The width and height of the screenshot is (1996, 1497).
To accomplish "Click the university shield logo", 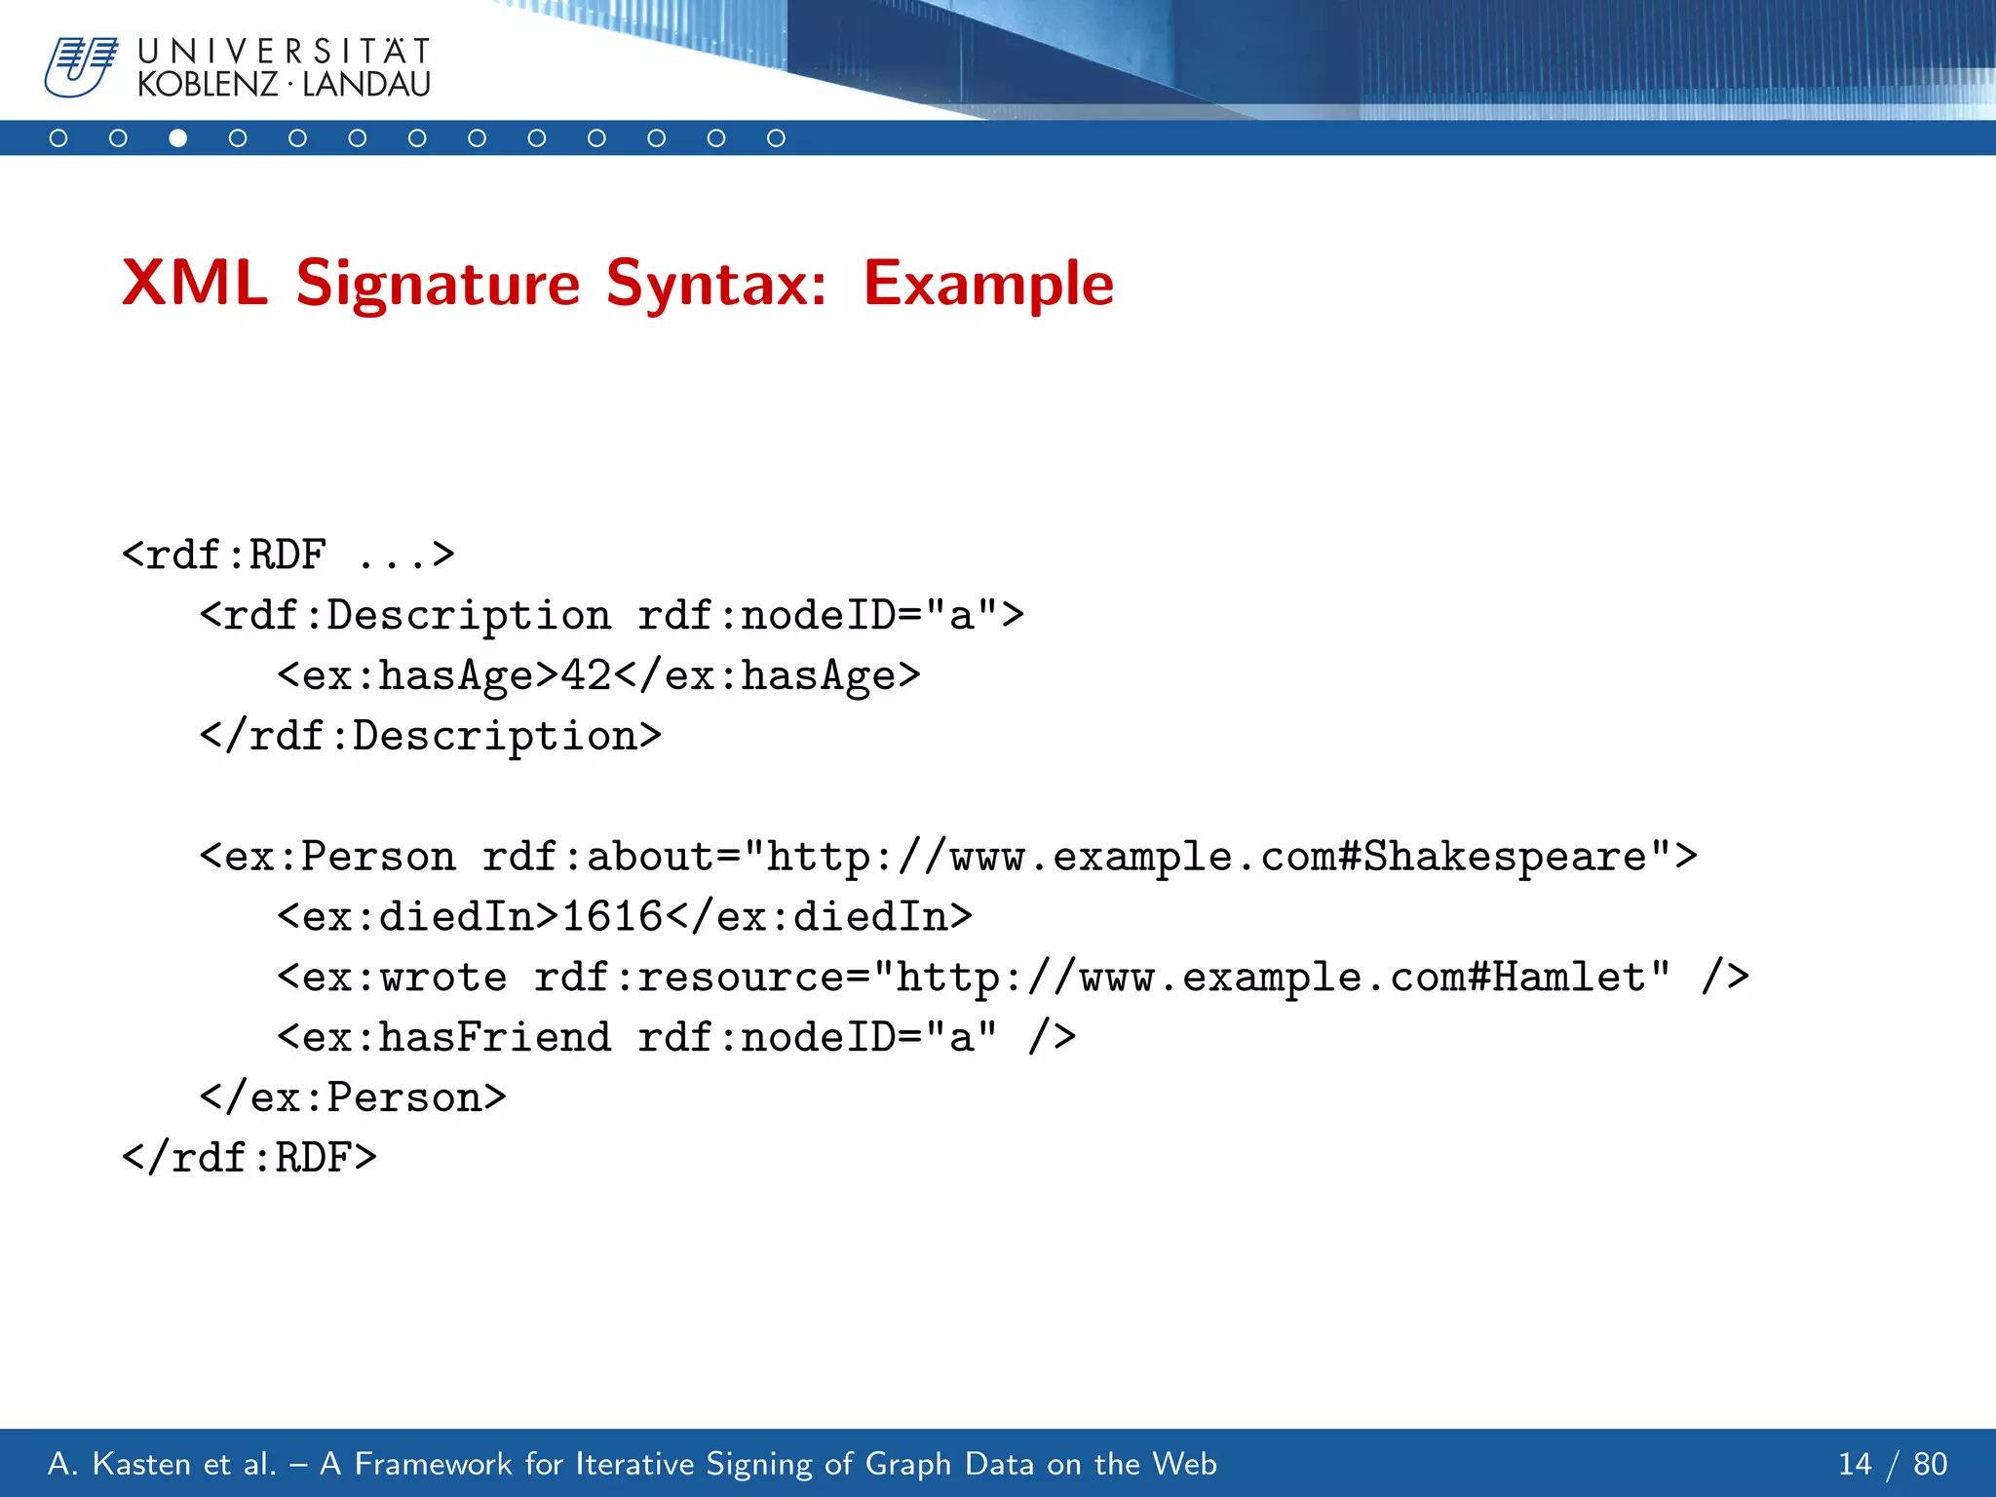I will (80, 66).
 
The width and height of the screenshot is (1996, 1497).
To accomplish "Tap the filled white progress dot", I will (177, 138).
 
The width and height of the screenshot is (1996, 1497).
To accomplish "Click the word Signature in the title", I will (438, 284).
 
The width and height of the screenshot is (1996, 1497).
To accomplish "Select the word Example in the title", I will (987, 284).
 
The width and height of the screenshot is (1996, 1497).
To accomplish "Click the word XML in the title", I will (194, 284).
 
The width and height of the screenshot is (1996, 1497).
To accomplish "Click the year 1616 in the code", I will (612, 917).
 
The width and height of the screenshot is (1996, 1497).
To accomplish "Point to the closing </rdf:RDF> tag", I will (249, 1158).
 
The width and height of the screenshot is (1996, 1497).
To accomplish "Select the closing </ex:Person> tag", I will (353, 1098).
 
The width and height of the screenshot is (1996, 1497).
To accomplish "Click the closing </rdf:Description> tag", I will (430, 736).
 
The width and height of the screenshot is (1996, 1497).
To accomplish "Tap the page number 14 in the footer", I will (1854, 1464).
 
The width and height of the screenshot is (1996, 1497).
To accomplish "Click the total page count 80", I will (1930, 1464).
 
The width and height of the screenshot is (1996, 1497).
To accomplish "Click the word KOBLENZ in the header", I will (208, 85).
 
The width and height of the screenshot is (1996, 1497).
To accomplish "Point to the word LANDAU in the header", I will (366, 85).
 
